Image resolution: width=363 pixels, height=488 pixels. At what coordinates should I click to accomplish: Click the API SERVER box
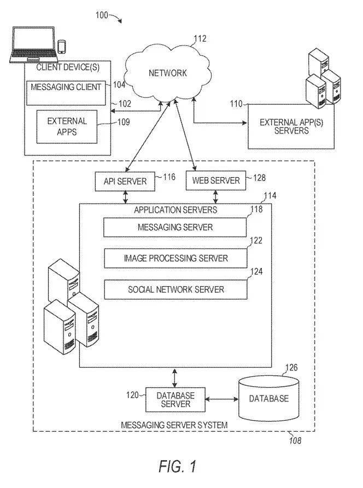click(x=125, y=181)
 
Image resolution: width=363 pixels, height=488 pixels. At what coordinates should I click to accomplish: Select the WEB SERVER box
click(x=216, y=181)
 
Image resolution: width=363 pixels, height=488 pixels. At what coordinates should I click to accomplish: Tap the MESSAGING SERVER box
click(x=175, y=227)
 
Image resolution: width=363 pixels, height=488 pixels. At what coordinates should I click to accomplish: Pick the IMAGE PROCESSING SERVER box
click(x=175, y=258)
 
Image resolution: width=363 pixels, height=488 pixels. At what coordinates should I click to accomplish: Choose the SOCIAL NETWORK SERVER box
click(x=175, y=290)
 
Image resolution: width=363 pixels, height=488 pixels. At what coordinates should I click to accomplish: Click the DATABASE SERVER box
click(x=175, y=399)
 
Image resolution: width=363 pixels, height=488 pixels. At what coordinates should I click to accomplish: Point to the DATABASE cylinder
click(x=269, y=398)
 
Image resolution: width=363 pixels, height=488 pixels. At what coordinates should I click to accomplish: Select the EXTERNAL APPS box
click(x=67, y=127)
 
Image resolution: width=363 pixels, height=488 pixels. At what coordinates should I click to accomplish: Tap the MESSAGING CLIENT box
click(x=66, y=93)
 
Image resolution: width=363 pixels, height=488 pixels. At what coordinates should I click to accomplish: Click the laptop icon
click(x=33, y=45)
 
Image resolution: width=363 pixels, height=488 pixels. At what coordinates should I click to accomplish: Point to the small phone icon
click(x=62, y=47)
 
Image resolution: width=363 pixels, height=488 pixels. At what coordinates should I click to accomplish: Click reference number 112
click(x=200, y=39)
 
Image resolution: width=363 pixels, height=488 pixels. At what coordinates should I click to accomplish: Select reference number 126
click(x=291, y=368)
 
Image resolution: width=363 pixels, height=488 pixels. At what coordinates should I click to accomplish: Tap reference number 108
click(x=295, y=440)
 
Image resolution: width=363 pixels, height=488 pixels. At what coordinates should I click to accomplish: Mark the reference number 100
click(x=102, y=15)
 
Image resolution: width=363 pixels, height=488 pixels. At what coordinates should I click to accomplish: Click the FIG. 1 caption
click(x=177, y=467)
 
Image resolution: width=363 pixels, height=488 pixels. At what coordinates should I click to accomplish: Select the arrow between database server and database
click(x=222, y=399)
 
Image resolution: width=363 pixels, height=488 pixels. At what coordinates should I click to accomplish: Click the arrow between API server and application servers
click(x=125, y=197)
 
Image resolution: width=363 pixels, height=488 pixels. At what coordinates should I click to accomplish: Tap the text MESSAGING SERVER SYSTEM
click(x=174, y=425)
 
